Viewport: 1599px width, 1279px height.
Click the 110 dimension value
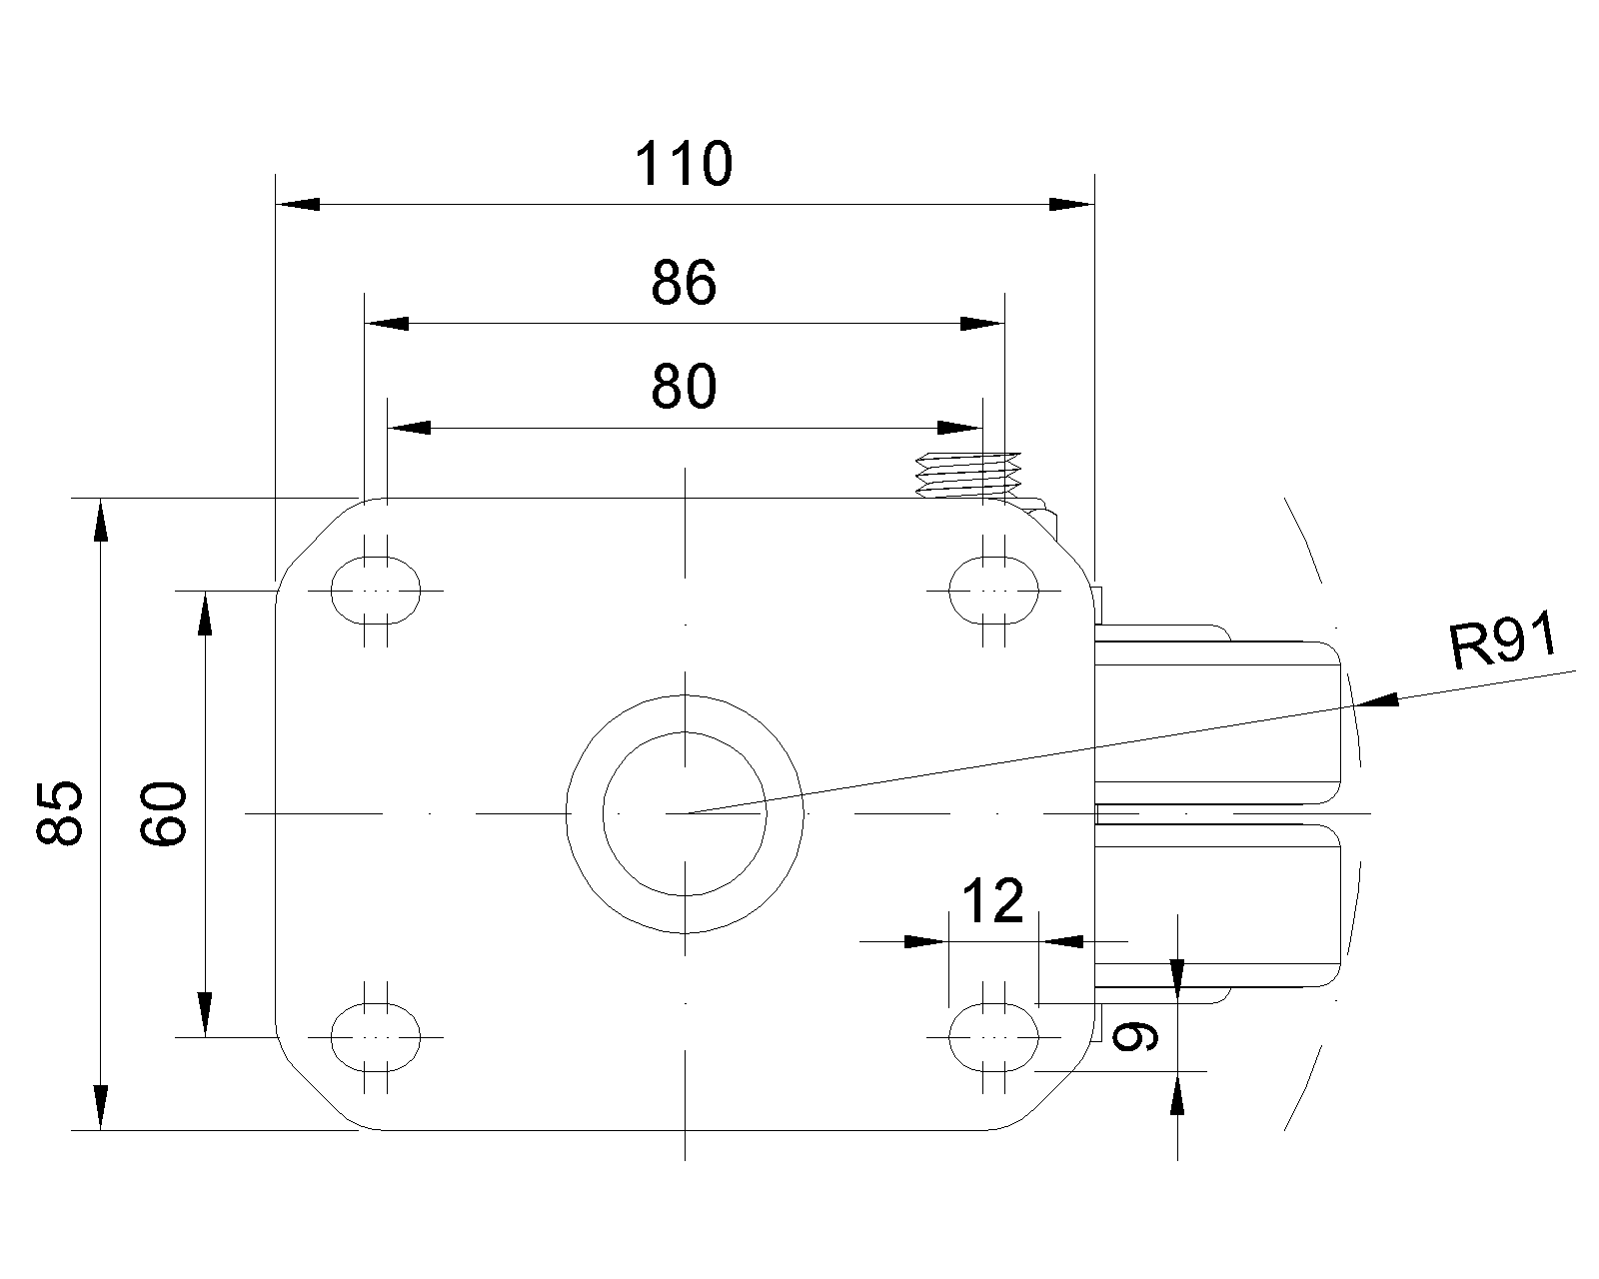pos(685,165)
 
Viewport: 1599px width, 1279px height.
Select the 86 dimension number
pos(685,284)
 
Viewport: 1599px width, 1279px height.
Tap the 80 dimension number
pos(685,388)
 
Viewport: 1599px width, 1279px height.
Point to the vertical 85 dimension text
pos(61,813)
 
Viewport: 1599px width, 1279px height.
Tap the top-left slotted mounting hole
pos(375,590)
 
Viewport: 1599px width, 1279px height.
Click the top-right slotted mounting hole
pos(993,590)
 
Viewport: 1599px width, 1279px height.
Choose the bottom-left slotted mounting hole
pos(375,1037)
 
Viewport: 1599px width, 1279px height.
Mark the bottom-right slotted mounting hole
pos(993,1037)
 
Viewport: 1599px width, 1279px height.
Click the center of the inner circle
pos(685,813)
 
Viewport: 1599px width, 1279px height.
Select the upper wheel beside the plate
pos(1219,719)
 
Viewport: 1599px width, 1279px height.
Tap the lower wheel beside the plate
pos(1219,904)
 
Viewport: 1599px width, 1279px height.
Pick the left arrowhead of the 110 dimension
pos(297,204)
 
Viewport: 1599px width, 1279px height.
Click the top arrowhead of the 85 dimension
pos(100,520)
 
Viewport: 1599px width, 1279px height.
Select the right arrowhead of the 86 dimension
pos(981,324)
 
